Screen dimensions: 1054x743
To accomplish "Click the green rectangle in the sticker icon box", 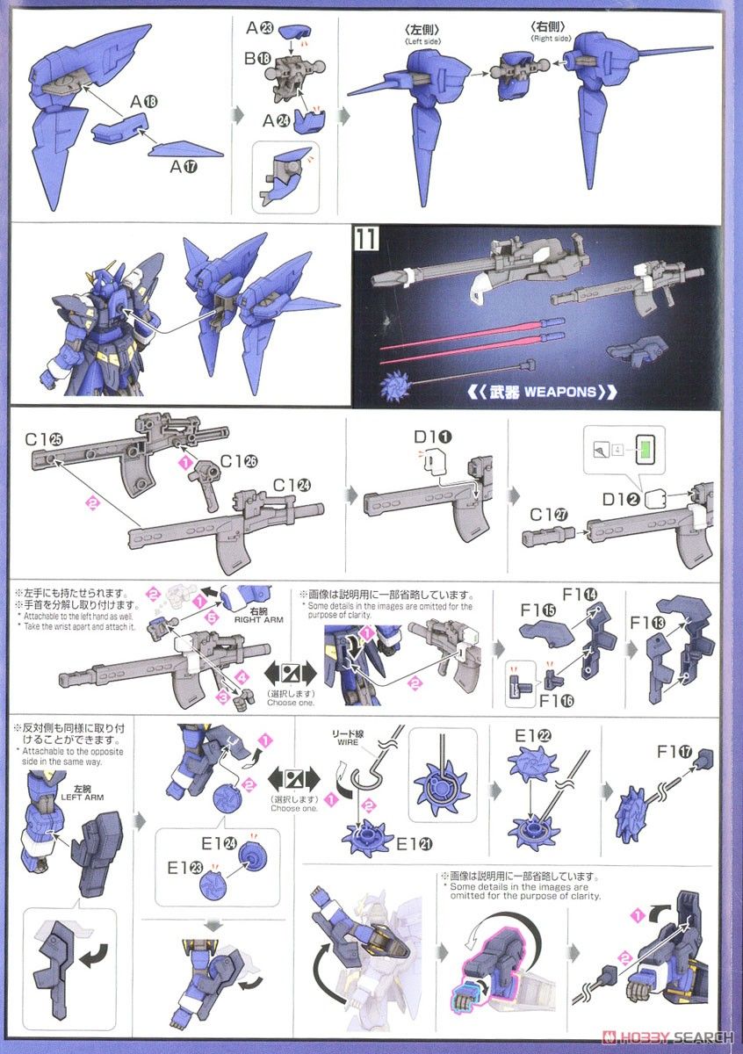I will [x=651, y=451].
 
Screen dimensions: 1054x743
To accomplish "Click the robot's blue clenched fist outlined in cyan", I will [x=468, y=995].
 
